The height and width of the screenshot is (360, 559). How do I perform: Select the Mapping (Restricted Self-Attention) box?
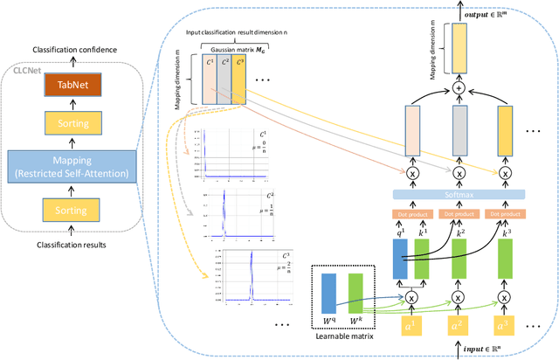(x=67, y=165)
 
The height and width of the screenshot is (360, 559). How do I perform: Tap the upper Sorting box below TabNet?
(x=67, y=126)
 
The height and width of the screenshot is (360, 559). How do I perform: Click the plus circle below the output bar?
(x=459, y=90)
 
